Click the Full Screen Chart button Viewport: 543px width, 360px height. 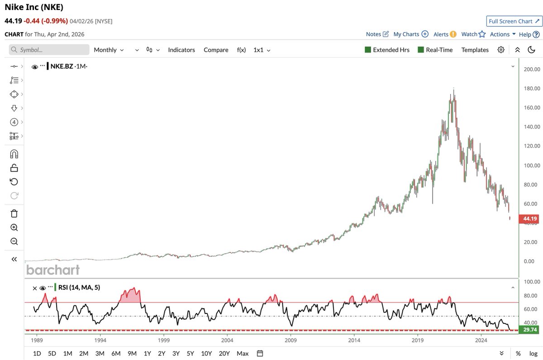pos(514,21)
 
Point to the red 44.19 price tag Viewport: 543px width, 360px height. pos(529,219)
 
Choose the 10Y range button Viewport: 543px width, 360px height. pos(206,353)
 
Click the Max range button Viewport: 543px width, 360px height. pos(243,353)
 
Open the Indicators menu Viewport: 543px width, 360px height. pos(181,50)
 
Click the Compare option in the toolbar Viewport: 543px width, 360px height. pos(216,50)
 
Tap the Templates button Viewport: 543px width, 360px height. pos(475,50)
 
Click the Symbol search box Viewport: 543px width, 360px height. pos(50,50)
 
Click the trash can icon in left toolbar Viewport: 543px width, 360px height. pos(14,213)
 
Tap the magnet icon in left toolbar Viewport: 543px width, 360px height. pos(14,154)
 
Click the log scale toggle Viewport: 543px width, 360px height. pos(533,353)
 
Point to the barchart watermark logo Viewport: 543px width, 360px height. pos(53,270)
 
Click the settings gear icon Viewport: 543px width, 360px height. pos(501,50)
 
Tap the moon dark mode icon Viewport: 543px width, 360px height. pos(532,50)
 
